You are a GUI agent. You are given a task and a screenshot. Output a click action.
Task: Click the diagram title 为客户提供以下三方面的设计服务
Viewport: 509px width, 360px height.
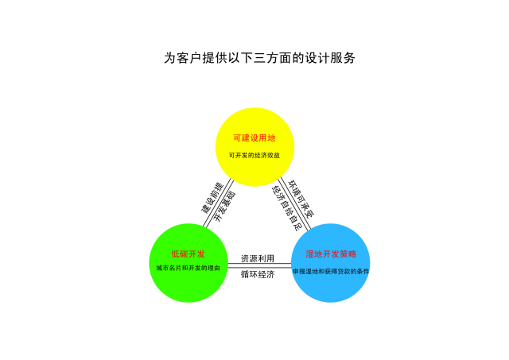(x=259, y=58)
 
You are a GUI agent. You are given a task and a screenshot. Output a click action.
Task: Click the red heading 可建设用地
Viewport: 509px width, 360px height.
(x=254, y=138)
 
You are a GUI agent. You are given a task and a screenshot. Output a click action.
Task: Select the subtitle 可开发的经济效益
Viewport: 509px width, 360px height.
(x=254, y=155)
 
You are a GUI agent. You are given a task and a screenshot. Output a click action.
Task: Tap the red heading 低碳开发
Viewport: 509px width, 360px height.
(x=188, y=254)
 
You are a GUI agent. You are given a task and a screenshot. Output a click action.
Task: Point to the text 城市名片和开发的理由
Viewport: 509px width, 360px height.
(x=188, y=268)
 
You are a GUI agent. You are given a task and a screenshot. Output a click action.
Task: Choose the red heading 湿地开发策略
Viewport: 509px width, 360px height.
(x=331, y=254)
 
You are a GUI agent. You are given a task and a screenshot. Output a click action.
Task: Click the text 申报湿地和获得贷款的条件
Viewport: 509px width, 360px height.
(x=331, y=271)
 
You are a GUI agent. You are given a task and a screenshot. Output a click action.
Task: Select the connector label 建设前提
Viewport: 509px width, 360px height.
(x=212, y=198)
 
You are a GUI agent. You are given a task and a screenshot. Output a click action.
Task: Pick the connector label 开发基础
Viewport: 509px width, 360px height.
(x=225, y=207)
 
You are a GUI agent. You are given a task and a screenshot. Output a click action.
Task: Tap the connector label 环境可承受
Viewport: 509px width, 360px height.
(x=301, y=199)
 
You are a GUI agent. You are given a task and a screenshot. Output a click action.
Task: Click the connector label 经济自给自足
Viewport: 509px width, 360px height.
(x=286, y=208)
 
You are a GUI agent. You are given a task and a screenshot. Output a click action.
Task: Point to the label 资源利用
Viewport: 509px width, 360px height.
(x=258, y=258)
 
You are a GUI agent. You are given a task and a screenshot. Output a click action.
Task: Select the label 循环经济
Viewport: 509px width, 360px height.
(x=258, y=274)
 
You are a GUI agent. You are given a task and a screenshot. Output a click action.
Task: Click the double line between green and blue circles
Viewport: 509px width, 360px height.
(x=259, y=265)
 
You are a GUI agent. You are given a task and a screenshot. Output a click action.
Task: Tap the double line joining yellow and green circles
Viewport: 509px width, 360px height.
(x=218, y=203)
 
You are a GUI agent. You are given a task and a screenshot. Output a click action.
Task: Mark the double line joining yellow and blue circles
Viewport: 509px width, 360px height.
(x=295, y=203)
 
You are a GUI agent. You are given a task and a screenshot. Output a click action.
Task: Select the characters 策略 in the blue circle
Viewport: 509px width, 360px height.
(x=348, y=254)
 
